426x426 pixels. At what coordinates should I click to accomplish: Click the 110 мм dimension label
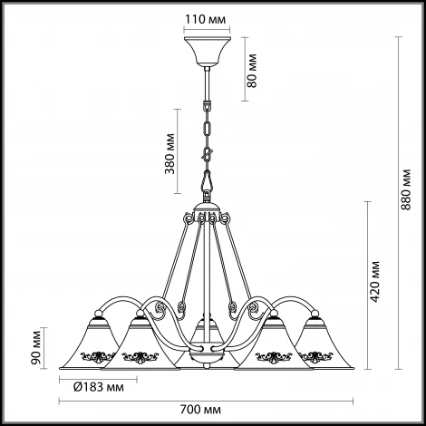(206, 20)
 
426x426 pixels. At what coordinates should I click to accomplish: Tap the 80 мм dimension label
(251, 71)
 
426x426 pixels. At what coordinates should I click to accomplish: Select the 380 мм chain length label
(169, 153)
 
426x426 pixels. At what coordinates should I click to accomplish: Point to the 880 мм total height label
(406, 189)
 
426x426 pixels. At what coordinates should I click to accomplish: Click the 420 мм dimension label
(375, 282)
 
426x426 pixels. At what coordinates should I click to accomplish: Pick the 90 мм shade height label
(35, 348)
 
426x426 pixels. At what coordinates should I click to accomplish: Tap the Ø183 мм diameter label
(99, 387)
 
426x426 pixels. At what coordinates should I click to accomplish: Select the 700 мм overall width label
(200, 410)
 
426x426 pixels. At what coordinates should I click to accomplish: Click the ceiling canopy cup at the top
(208, 51)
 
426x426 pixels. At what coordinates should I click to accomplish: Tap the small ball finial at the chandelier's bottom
(207, 366)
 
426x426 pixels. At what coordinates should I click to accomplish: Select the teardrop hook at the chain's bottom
(208, 180)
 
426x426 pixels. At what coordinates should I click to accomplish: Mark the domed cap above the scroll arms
(208, 208)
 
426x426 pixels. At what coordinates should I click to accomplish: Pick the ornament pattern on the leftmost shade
(98, 357)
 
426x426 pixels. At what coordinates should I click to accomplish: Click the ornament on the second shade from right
(274, 357)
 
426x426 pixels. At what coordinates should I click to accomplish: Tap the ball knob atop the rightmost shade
(315, 314)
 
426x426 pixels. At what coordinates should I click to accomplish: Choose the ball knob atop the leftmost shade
(99, 314)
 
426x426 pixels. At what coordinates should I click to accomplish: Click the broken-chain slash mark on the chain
(208, 154)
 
